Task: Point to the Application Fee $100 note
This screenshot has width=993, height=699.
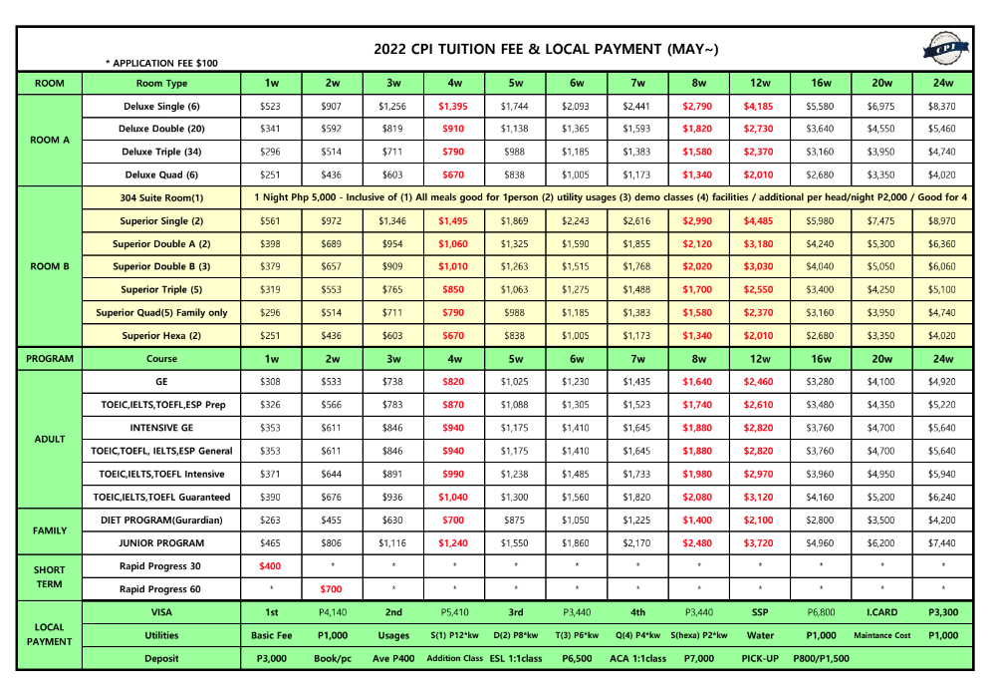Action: (161, 63)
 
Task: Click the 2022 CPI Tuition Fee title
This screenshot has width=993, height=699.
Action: (546, 49)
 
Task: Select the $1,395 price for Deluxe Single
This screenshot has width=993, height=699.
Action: (455, 106)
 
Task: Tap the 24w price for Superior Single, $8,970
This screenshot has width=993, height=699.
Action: (941, 220)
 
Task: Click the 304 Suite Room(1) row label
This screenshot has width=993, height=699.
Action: (161, 197)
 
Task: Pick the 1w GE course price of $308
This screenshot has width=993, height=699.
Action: (271, 382)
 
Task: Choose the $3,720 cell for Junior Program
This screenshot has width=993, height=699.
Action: (760, 542)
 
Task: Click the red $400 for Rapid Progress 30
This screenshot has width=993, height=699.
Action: (271, 565)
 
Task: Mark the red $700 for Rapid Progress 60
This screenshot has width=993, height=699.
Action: (332, 588)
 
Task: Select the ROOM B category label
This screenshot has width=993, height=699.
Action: (50, 266)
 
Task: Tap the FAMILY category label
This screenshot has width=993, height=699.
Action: (50, 531)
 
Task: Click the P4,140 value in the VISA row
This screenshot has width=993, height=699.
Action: (332, 611)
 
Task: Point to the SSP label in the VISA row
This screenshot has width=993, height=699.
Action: (760, 611)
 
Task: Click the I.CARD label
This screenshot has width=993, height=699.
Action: (882, 611)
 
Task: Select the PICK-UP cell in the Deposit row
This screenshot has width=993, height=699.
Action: (760, 658)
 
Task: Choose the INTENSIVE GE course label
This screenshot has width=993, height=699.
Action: (161, 428)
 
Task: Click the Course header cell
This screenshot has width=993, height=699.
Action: (161, 359)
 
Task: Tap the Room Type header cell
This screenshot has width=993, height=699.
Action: (161, 83)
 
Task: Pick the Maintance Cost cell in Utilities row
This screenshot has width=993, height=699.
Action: (882, 635)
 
